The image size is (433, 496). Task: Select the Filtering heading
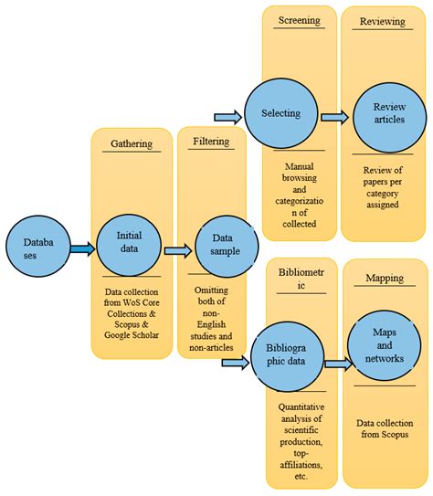tap(216, 142)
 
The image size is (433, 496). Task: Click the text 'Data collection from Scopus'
tap(384, 429)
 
